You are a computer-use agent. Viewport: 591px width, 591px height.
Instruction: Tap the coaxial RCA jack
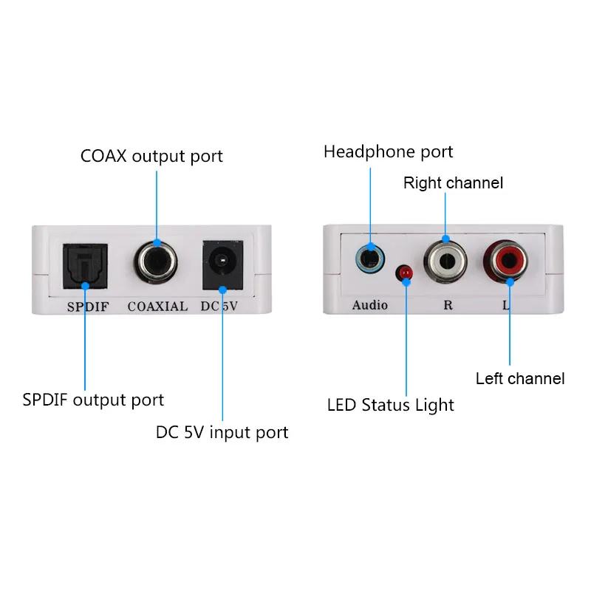158,262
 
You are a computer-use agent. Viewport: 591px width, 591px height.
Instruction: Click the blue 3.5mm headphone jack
369,259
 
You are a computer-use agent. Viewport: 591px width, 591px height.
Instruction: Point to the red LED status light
405,274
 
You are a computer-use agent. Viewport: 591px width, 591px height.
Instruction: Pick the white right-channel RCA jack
445,261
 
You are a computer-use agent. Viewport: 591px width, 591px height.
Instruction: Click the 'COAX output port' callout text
151,157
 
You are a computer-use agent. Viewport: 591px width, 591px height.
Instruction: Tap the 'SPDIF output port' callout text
93,400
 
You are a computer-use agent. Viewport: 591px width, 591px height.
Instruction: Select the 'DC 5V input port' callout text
222,432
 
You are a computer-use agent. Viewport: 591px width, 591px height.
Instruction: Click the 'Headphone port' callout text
388,152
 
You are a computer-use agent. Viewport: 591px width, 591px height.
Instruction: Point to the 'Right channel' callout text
453,183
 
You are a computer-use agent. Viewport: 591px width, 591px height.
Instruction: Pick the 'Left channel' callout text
520,379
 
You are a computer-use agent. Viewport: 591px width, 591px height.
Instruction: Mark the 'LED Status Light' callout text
391,405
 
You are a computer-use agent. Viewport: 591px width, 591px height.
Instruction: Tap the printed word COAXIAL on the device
157,306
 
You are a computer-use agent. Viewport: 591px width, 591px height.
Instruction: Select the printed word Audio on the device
369,304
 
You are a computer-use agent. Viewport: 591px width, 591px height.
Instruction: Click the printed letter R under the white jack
447,304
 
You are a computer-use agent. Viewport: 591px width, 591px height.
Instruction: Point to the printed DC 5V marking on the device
219,306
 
